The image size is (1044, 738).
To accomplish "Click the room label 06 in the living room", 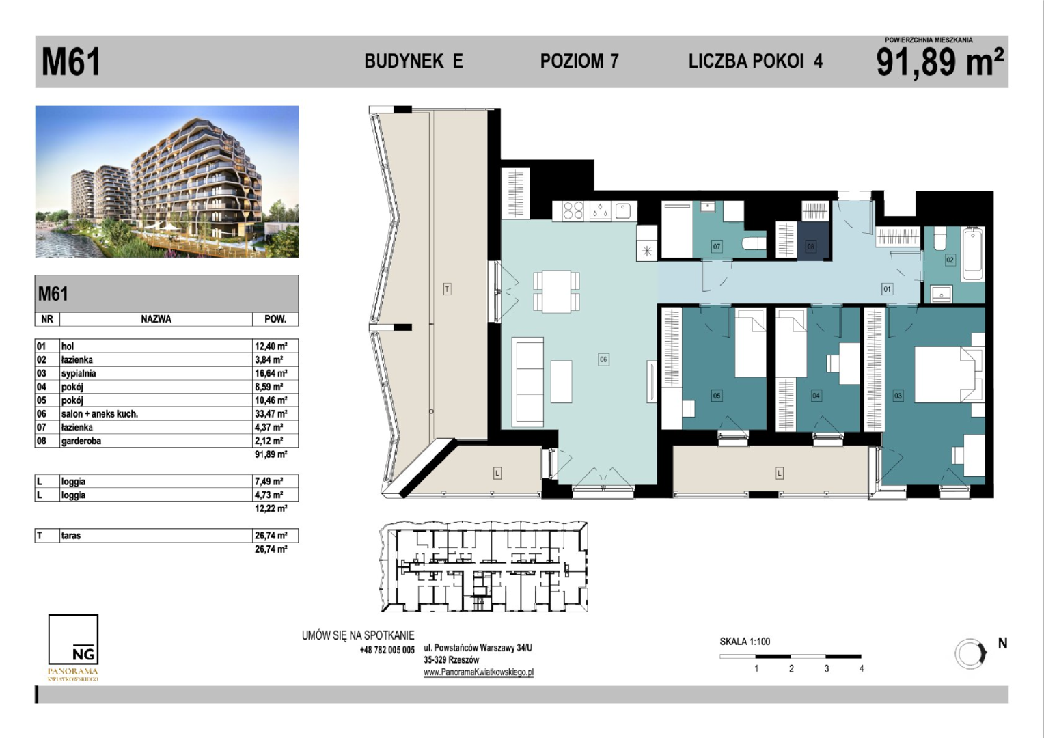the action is pyautogui.click(x=603, y=359).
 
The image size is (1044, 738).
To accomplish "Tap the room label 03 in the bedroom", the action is pyautogui.click(x=898, y=396).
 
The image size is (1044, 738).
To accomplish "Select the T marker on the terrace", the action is pyautogui.click(x=447, y=289).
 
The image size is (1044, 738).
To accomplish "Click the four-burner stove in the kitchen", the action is pyautogui.click(x=573, y=210).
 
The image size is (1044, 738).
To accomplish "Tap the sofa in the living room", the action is pyautogui.click(x=527, y=382).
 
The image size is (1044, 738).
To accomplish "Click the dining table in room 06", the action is pyautogui.click(x=556, y=292).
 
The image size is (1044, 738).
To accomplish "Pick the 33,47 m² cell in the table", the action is pyautogui.click(x=271, y=413).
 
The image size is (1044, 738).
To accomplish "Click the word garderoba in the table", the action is pyautogui.click(x=81, y=441).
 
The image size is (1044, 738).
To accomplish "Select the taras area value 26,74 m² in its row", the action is pyautogui.click(x=271, y=536).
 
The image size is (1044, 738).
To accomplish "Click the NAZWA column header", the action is pyautogui.click(x=156, y=319).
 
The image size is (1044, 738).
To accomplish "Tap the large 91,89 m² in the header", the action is pyautogui.click(x=939, y=62).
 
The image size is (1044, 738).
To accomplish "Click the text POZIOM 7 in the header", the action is pyautogui.click(x=579, y=61).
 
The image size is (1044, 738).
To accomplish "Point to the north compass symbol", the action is pyautogui.click(x=970, y=654).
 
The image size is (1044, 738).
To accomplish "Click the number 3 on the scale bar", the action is pyautogui.click(x=826, y=668).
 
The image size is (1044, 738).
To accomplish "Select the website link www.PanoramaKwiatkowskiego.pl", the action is pyautogui.click(x=479, y=672).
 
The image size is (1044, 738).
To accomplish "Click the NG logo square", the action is pyautogui.click(x=73, y=639).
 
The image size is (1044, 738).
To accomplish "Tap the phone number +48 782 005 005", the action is pyautogui.click(x=387, y=650).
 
